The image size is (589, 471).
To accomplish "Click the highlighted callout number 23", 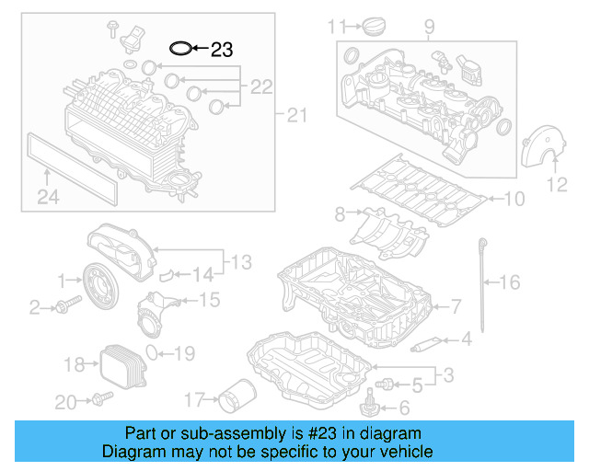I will pyautogui.click(x=222, y=50).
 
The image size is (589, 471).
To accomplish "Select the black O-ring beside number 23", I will pyautogui.click(x=180, y=48).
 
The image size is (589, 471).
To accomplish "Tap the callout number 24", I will pyautogui.click(x=47, y=195).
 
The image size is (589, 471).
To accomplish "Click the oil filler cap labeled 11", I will pyautogui.click(x=366, y=27).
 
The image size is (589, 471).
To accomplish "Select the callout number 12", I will pyautogui.click(x=558, y=186).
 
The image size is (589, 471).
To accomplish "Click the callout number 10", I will pyautogui.click(x=513, y=197).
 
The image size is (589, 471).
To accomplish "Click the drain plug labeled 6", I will pyautogui.click(x=372, y=401).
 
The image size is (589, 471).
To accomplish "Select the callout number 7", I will pyautogui.click(x=456, y=305).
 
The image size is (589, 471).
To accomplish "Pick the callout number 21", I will pyautogui.click(x=294, y=116).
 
